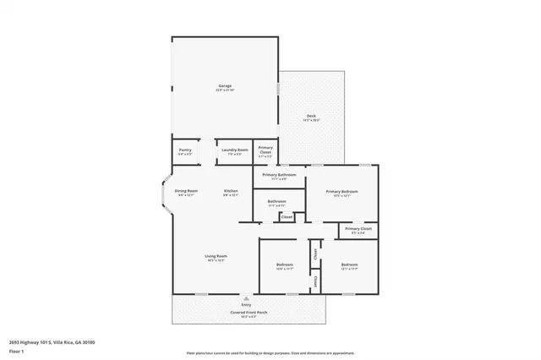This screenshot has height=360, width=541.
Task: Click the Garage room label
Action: (x=225, y=86)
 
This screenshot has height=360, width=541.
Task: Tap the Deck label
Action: (x=312, y=117)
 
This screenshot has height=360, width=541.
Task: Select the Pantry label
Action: (x=184, y=150)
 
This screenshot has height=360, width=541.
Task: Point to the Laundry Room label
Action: (x=234, y=150)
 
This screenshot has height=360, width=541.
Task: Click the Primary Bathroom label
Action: (x=279, y=175)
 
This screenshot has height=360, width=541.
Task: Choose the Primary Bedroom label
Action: (x=342, y=192)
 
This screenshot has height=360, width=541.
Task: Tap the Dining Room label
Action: (x=186, y=191)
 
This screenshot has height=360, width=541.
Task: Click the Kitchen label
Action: (x=231, y=191)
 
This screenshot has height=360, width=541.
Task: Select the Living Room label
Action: (x=216, y=256)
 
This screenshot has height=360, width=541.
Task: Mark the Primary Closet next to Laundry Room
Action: (x=265, y=150)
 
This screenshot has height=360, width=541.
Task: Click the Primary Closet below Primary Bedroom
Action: (x=358, y=229)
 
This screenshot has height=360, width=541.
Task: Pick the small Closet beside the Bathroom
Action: (x=287, y=217)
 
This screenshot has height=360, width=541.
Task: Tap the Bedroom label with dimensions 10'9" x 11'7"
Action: (x=284, y=265)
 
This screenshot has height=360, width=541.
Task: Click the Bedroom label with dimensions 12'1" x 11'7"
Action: (x=349, y=265)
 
